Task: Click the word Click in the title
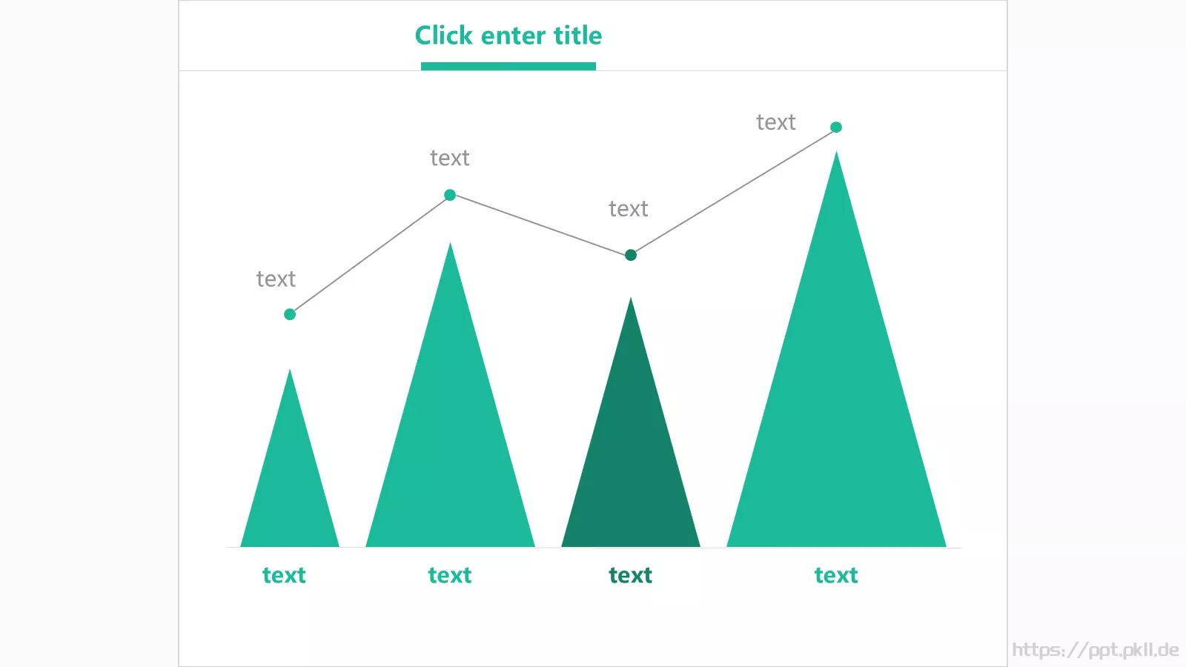pos(444,36)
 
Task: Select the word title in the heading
pos(577,36)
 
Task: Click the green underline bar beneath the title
pos(508,66)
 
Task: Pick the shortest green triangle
pos(290,477)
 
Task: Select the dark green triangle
pos(631,450)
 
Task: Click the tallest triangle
pos(836,397)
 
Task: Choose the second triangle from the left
pos(450,423)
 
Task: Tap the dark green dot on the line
pos(631,255)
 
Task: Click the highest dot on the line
pos(836,127)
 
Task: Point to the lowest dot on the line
pos(290,314)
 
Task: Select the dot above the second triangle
pos(450,195)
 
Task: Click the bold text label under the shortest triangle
pos(285,575)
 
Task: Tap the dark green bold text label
pos(631,575)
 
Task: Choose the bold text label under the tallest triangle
pos(836,575)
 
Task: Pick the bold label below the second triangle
pos(450,575)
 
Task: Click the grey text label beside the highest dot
pos(775,122)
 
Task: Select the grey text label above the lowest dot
pos(276,279)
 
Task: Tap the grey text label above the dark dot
pos(629,209)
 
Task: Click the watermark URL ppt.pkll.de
pos(1096,650)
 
